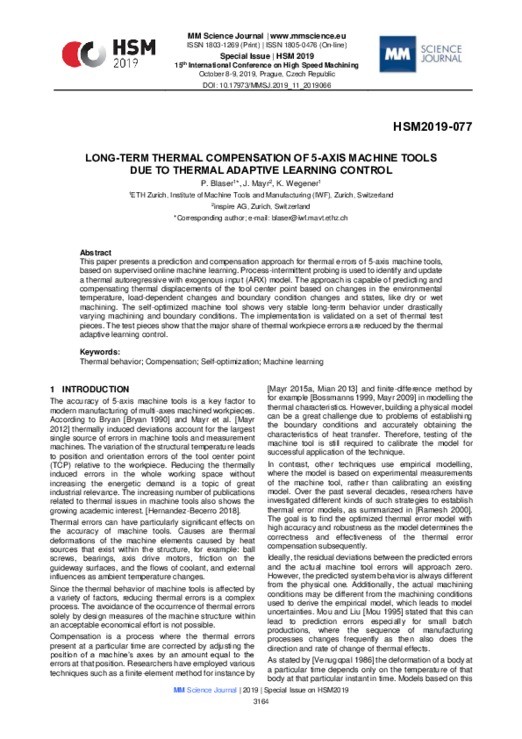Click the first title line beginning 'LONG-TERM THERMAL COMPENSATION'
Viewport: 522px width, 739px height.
[261, 159]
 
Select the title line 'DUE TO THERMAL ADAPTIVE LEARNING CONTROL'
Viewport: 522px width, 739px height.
[261, 172]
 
